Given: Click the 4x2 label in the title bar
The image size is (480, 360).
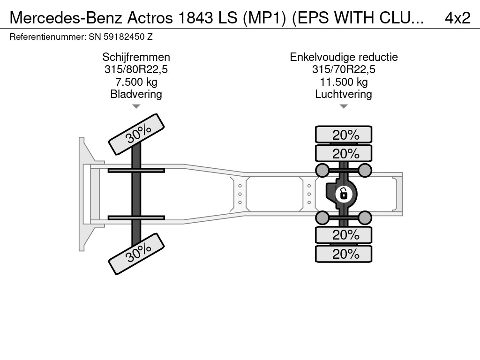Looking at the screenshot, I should (x=457, y=17).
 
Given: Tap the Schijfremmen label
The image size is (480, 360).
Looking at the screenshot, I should (x=136, y=57).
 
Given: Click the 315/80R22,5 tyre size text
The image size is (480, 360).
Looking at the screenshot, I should (x=136, y=69).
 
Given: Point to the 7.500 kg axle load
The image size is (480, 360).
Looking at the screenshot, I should (x=136, y=82).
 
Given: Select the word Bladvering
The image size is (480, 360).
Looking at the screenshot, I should (x=136, y=94).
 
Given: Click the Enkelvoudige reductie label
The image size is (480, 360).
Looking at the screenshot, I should (x=344, y=57).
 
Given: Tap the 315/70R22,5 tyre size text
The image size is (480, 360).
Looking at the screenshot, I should (x=344, y=69).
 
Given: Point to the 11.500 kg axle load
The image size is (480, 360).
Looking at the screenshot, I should (x=344, y=82).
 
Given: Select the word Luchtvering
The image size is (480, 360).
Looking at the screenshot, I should (x=344, y=94).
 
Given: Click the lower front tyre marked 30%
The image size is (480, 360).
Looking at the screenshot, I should (x=137, y=255).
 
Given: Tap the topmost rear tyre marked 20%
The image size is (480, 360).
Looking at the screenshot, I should (x=344, y=135).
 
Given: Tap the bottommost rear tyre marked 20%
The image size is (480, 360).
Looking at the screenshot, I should (x=344, y=254).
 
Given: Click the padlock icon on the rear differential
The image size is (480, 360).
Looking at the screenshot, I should (x=344, y=193).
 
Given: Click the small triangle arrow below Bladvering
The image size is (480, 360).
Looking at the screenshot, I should (x=136, y=106).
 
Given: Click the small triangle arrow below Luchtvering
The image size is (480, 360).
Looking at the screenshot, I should (x=344, y=106).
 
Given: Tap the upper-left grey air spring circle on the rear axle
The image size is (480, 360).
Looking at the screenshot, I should (x=322, y=170).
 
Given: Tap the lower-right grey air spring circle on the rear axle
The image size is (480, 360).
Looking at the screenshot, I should (x=365, y=217).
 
